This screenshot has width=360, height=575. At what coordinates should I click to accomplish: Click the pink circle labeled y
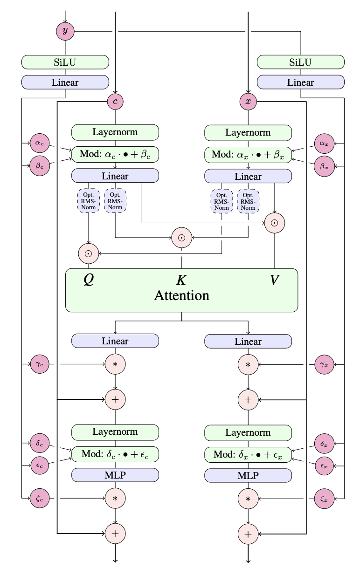[65, 31]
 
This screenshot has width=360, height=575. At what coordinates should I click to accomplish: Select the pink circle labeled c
[115, 101]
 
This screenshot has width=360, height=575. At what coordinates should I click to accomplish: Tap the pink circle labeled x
[248, 101]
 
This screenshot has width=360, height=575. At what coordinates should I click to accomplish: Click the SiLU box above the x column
[300, 62]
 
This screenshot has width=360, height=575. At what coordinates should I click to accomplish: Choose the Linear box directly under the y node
[65, 82]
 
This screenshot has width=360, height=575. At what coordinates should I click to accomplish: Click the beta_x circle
[324, 165]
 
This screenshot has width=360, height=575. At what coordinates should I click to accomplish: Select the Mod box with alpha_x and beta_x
[248, 154]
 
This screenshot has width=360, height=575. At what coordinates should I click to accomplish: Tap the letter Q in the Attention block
[89, 280]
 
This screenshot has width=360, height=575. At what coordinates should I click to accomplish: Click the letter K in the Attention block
[181, 280]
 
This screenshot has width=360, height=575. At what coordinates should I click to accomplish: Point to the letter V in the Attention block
[275, 280]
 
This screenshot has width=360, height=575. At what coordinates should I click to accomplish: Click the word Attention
[181, 295]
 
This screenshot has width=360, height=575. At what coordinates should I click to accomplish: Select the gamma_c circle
[39, 363]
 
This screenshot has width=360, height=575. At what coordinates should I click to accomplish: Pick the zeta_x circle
[324, 499]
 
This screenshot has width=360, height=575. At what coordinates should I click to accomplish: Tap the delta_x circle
[324, 443]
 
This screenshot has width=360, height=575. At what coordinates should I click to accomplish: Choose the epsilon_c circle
[39, 465]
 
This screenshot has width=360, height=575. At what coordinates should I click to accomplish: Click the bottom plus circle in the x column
[248, 532]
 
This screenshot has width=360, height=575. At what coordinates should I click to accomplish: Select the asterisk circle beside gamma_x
[248, 363]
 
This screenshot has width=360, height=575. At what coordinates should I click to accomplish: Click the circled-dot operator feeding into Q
[89, 253]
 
